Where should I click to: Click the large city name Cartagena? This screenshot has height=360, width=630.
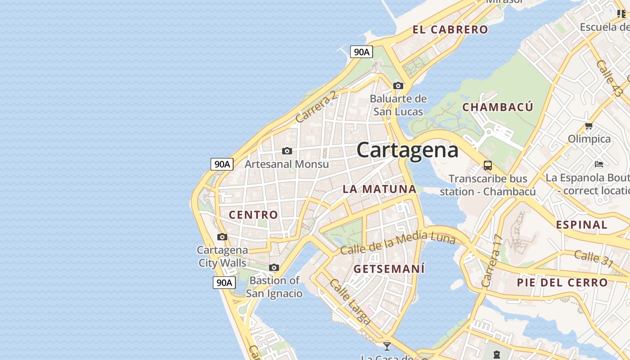pos(407,150)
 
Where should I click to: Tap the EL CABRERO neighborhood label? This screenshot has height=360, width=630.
pos(450,30)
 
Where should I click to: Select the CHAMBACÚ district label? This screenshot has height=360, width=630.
pos(498,107)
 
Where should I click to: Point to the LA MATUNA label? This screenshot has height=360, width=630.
pos(379,189)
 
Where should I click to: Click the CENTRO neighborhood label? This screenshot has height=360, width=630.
pos(253,215)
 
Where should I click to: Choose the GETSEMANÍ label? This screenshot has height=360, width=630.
pos(389,269)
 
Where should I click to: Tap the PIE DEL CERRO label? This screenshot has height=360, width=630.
pos(562,283)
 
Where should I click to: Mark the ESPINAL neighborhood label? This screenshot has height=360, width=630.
pos(581,225)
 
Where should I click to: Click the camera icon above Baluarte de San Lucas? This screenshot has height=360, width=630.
pos(398,85)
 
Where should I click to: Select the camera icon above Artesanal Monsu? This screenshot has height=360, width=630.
pos(287,151)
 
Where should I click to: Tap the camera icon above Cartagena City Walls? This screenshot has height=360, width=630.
pos(222,237)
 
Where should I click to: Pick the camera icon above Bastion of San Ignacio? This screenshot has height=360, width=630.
pos(274,268)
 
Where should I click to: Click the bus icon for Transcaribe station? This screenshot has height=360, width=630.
pos(488,165)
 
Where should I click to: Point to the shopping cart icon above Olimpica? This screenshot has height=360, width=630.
pos(589,126)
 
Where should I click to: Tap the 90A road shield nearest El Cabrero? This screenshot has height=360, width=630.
pos(361,52)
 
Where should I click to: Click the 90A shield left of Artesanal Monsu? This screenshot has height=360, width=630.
pos(222,164)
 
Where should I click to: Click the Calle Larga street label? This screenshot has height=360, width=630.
pos(350,301)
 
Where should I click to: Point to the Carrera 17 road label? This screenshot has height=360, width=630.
pos(491,261)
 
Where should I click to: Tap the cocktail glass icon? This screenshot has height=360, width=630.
pos(387,346)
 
